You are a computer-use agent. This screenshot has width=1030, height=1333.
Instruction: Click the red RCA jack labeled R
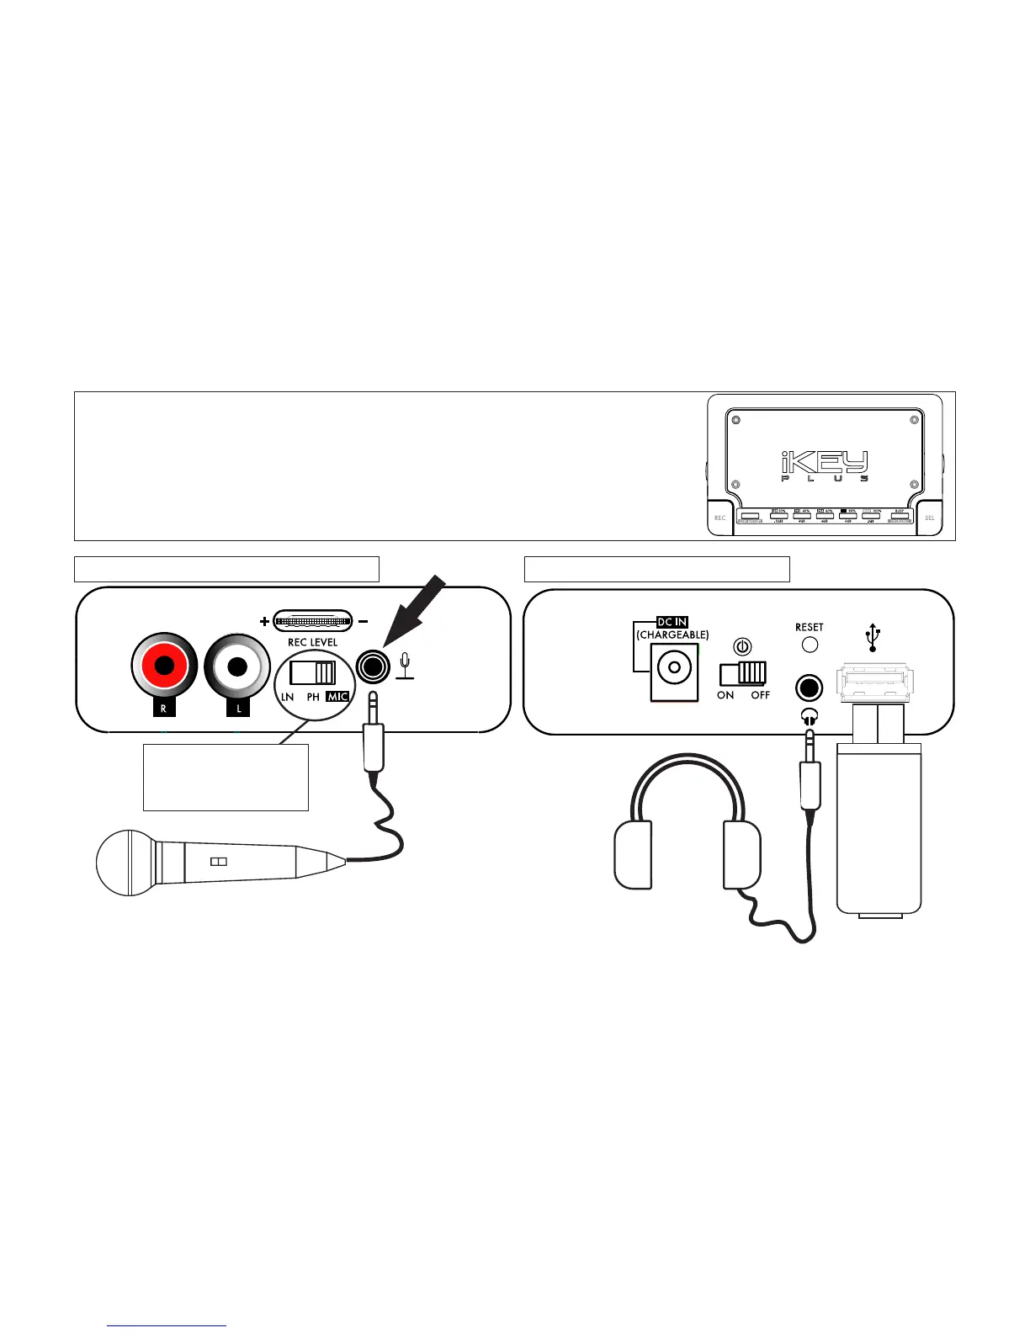[x=164, y=666]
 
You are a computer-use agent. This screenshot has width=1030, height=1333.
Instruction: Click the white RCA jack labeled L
[x=238, y=666]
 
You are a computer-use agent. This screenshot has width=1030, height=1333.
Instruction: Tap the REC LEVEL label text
[x=312, y=642]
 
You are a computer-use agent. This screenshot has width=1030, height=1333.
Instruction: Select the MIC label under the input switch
[x=337, y=697]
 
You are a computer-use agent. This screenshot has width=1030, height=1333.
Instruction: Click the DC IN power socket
[x=674, y=670]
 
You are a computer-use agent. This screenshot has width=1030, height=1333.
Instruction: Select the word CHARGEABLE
[x=672, y=635]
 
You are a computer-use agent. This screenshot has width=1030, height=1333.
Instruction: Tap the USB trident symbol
[x=873, y=638]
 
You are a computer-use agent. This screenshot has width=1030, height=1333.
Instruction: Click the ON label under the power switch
[x=725, y=695]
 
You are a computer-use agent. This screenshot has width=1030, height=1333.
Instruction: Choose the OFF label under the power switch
[x=760, y=695]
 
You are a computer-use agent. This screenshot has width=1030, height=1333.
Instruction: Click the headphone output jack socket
[x=809, y=688]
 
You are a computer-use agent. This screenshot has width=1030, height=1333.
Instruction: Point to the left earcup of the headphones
[x=634, y=855]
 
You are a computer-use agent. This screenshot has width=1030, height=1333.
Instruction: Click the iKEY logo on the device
[x=824, y=463]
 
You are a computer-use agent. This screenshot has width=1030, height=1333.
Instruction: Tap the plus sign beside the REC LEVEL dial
[x=264, y=622]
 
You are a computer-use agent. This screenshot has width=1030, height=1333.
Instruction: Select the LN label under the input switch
[x=288, y=697]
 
